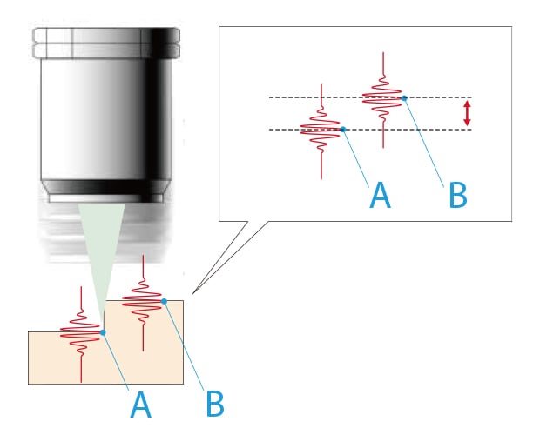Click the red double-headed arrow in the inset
[x=468, y=113]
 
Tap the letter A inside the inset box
[x=380, y=196]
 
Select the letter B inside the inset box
[x=458, y=196]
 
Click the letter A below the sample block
[x=138, y=405]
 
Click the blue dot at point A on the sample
[x=103, y=332]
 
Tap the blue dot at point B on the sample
[x=164, y=302]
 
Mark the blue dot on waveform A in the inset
[x=344, y=130]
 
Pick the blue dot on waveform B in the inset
[x=406, y=97]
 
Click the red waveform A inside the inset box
[x=322, y=130]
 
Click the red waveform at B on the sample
[x=142, y=302]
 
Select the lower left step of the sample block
[x=52, y=357]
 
